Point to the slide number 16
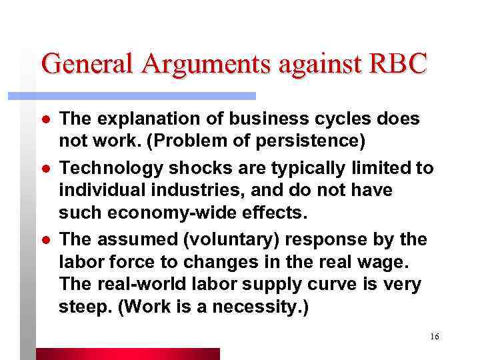click(435, 337)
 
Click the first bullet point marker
click(45, 120)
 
